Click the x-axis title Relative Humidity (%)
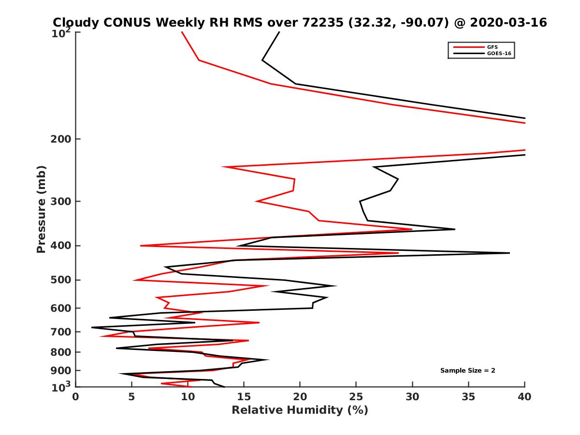coord(300,410)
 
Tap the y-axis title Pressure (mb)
coord(41,209)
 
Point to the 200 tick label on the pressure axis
coord(61,139)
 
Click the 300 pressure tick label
coord(61,201)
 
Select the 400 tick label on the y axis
coord(61,246)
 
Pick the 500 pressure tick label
coord(61,280)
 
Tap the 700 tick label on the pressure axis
coord(61,332)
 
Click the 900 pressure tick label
coord(61,370)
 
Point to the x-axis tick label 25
coord(356,397)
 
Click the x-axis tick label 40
coord(524,397)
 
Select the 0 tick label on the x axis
coord(76,397)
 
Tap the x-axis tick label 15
coord(244,397)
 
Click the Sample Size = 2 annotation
coord(467,371)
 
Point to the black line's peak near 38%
coord(509,253)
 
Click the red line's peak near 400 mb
coord(398,253)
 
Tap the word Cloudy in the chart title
coord(74,23)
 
